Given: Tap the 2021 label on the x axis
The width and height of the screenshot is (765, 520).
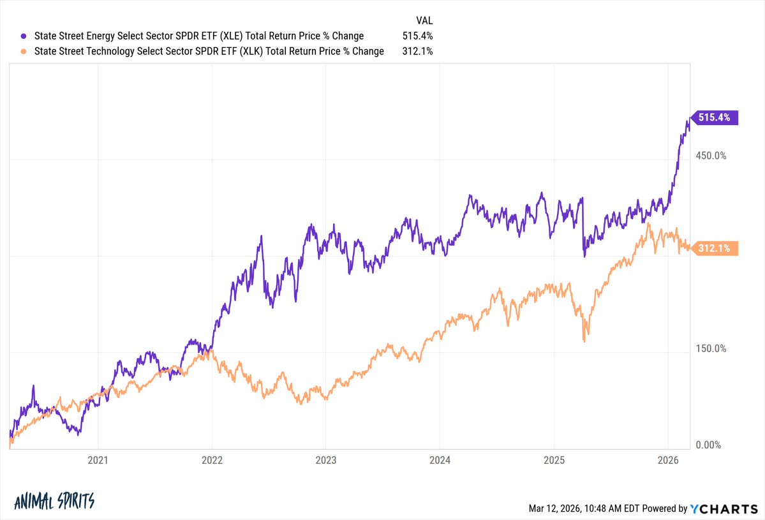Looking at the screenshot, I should tap(98, 459).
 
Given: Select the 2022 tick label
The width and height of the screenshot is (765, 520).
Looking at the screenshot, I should tap(212, 459).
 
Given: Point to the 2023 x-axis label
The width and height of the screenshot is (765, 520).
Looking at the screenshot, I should tap(325, 459).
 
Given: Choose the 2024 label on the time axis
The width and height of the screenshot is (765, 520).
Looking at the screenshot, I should tap(440, 459).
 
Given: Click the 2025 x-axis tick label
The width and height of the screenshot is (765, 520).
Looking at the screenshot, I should tap(554, 459).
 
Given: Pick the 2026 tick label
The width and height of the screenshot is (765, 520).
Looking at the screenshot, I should tap(667, 459).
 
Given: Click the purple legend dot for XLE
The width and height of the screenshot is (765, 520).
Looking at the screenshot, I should tap(24, 36).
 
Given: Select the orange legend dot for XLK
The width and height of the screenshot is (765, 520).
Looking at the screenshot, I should tap(24, 52).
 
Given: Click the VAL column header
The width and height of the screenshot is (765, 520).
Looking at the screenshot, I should tap(424, 21).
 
